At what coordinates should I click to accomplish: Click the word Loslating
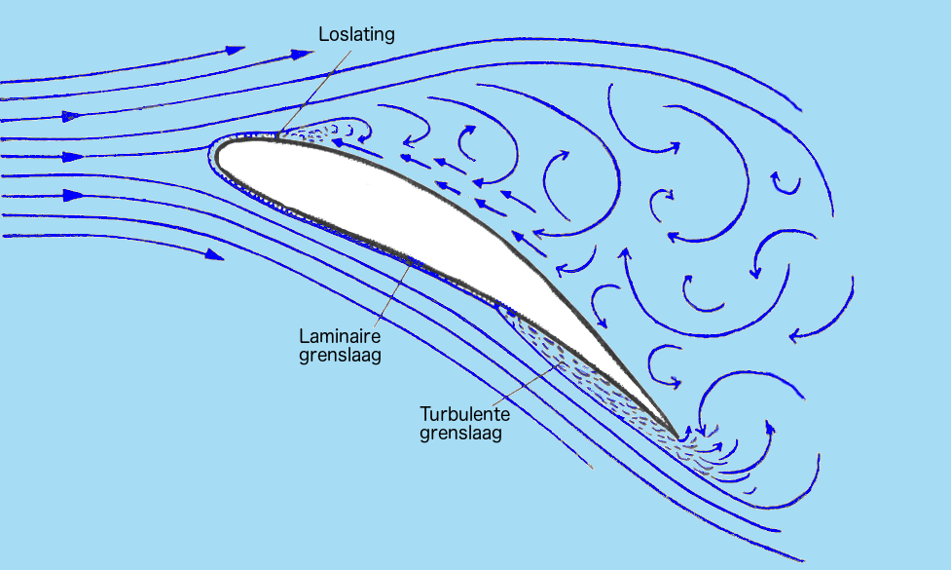356,35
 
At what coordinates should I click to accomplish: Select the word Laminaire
340,336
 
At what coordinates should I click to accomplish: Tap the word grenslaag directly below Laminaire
340,355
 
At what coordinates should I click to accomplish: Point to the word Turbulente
464,414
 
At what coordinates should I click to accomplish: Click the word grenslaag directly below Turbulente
461,434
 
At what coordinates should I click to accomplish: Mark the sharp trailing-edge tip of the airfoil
677,436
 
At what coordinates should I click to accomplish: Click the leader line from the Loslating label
314,91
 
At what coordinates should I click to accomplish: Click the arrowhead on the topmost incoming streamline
236,50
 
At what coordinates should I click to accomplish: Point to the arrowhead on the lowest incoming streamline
214,254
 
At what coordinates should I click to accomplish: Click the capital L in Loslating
323,34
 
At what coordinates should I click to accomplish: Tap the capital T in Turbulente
425,414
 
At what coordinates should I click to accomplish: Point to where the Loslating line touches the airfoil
277,134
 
